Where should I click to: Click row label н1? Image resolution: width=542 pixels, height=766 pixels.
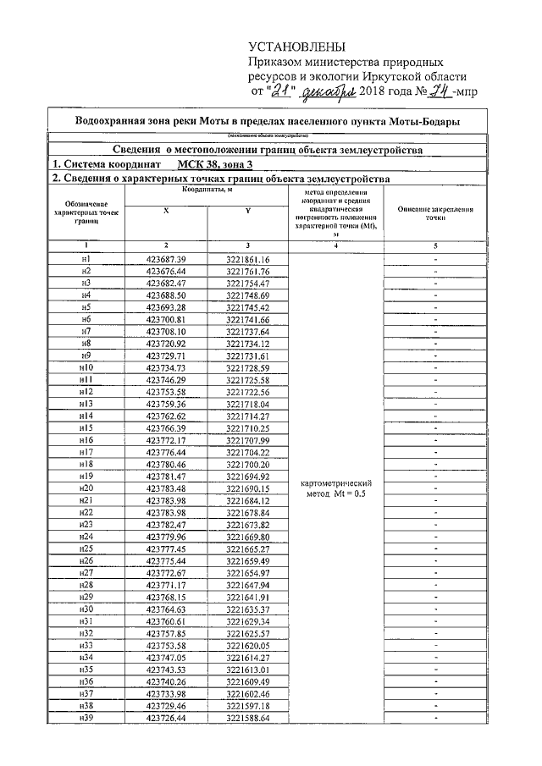(x=86, y=258)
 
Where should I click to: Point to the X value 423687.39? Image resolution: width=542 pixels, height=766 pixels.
(x=166, y=258)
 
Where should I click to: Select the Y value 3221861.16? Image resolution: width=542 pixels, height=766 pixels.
(x=248, y=258)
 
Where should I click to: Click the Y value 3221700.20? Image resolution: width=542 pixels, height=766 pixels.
(x=248, y=465)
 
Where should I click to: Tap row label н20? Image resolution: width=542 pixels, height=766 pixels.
(x=86, y=488)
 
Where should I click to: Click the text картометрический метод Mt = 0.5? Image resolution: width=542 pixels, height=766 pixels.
(x=336, y=488)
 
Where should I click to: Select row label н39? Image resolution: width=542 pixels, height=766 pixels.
(x=86, y=719)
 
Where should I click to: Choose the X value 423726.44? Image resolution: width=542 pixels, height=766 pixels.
(x=166, y=719)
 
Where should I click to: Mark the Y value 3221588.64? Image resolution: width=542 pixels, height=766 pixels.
(x=248, y=719)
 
